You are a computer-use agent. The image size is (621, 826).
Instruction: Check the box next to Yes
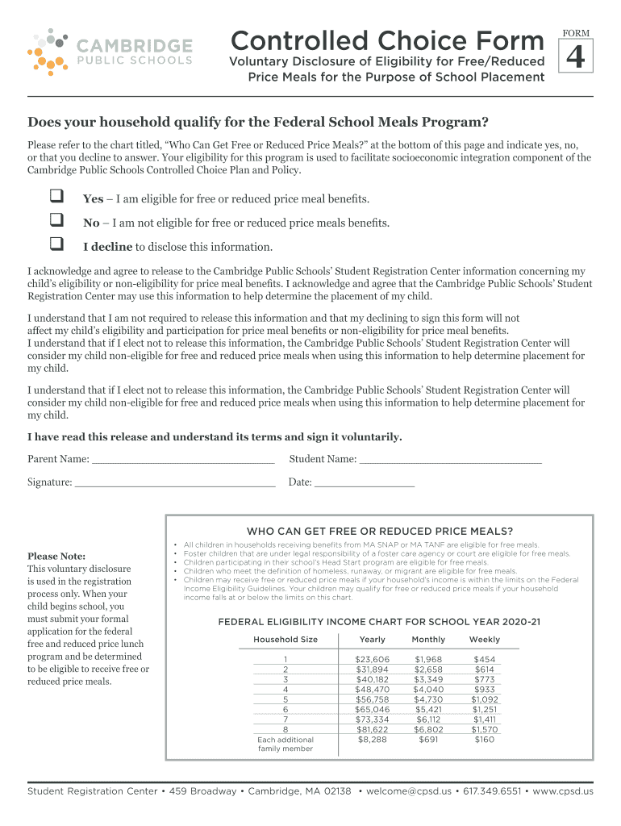56,197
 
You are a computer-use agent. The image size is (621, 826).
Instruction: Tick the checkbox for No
56,219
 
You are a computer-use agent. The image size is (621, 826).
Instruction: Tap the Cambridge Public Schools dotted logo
48,51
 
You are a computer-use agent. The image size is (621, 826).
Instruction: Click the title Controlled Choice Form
387,40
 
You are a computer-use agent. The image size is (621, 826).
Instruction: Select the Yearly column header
372,640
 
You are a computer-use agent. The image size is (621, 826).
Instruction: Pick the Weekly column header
484,640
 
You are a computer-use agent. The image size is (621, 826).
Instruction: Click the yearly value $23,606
372,660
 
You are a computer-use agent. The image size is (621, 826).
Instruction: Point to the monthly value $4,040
428,690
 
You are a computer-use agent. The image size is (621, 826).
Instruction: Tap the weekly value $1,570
485,729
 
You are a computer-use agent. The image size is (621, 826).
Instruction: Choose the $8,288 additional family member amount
372,740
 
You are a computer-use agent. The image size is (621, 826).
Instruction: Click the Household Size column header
285,640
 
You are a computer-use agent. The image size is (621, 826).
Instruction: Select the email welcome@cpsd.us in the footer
408,791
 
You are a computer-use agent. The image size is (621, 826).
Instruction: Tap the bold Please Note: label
56,556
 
